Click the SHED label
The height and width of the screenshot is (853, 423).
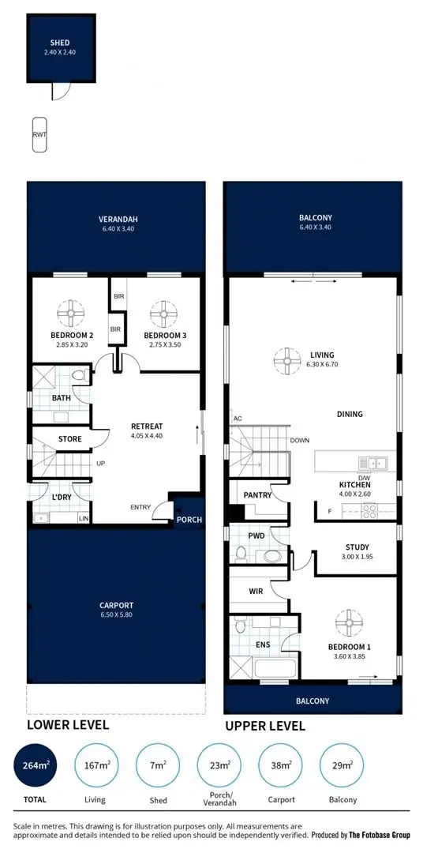point(59,43)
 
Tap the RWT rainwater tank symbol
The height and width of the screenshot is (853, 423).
point(39,135)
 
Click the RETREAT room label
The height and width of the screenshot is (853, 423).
point(146,426)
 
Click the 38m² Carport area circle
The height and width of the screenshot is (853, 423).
point(282,766)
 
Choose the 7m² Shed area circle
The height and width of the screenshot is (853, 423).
point(159,766)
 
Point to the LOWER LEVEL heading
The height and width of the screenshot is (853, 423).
point(68,724)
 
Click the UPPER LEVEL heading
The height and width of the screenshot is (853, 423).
point(265,726)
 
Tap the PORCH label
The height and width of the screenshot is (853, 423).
point(189,520)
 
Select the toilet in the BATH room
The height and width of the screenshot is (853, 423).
point(78,377)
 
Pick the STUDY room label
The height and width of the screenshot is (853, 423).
point(357,547)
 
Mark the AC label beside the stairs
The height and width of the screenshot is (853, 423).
point(237,419)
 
